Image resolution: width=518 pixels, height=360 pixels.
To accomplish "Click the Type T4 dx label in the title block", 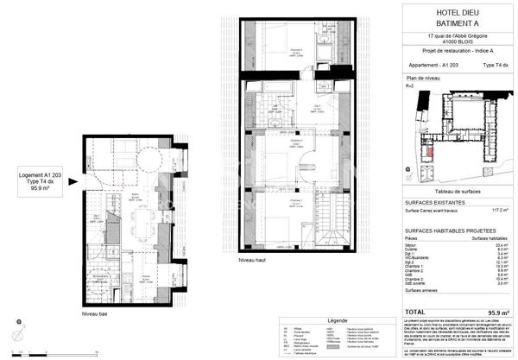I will [494, 65].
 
